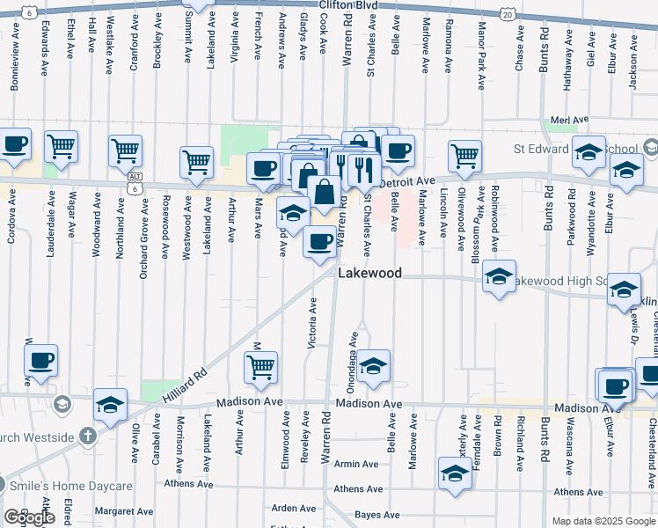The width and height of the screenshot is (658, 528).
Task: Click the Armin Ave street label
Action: click(355, 464)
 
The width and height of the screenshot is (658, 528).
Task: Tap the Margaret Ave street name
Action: click(124, 510)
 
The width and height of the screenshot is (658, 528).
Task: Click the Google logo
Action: click(29, 517)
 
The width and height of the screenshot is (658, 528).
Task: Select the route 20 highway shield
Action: click(506, 14)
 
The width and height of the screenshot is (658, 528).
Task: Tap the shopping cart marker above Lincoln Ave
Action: click(464, 156)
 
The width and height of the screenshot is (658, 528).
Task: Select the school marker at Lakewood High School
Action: click(499, 279)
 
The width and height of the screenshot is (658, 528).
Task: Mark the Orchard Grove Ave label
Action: click(143, 238)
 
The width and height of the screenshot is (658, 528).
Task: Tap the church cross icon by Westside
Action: click(87, 436)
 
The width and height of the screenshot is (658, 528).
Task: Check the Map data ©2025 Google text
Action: click(602, 521)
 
